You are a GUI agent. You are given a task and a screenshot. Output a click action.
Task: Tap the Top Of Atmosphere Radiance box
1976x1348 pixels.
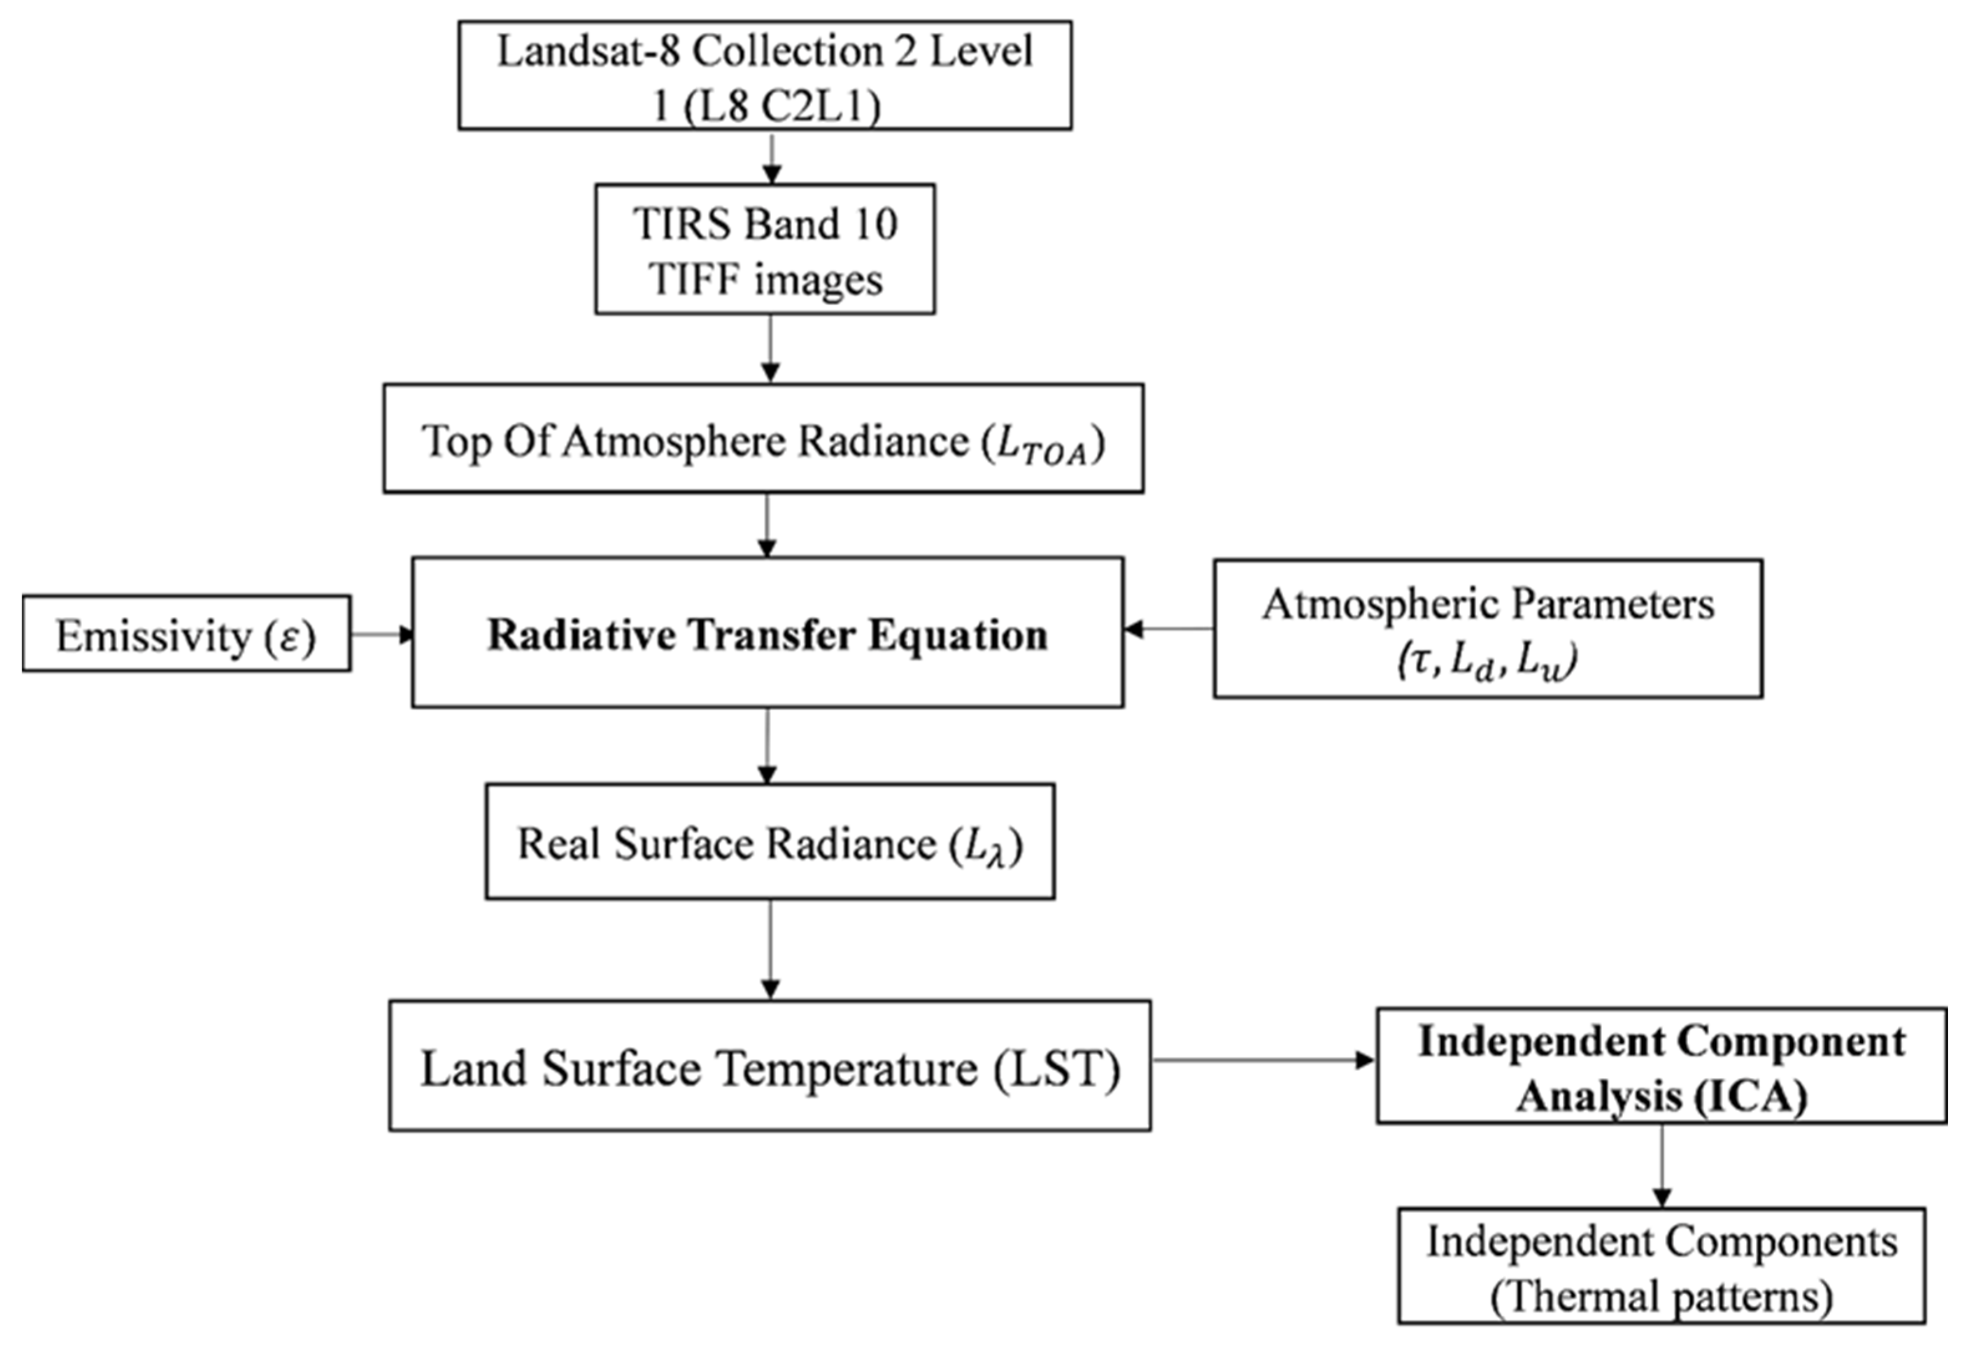click(x=763, y=438)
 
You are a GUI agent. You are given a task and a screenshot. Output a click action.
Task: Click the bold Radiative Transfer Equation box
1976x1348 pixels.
click(x=767, y=633)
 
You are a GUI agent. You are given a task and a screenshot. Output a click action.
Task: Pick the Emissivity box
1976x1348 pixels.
click(x=186, y=634)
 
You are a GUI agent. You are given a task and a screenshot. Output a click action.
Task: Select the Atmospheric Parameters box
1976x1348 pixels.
click(x=1487, y=629)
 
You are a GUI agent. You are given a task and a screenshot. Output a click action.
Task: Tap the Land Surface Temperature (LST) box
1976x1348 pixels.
click(x=770, y=1066)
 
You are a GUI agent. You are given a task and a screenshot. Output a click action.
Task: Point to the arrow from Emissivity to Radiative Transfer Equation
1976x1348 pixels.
click(x=382, y=634)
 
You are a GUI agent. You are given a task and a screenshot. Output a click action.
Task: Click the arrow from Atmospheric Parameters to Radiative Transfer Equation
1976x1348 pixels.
click(x=1168, y=629)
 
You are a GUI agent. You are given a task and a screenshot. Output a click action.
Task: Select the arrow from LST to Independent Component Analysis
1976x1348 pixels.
click(x=1262, y=1060)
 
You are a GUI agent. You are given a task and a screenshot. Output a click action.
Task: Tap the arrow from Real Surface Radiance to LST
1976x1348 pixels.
click(x=770, y=950)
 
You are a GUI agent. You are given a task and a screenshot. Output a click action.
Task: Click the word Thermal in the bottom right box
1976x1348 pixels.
click(x=1564, y=1297)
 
